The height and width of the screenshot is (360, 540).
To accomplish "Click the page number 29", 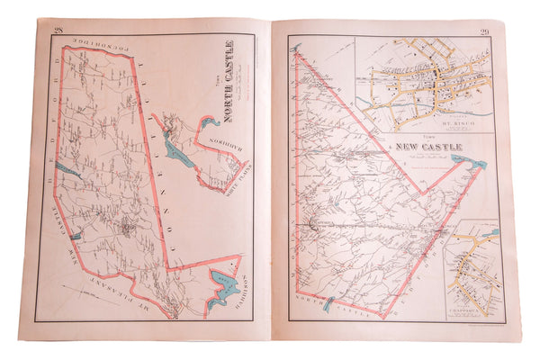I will coord(482,35).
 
